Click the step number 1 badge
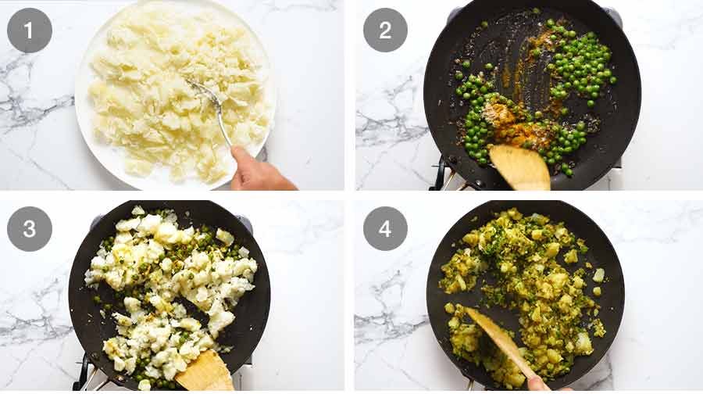coord(30,30)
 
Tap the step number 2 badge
coord(385,30)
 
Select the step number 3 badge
coord(30,229)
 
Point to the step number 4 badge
coord(385,228)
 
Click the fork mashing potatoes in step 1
coord(210,109)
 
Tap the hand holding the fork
coord(259,170)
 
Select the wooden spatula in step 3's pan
coord(205,371)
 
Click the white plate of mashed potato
coord(175,95)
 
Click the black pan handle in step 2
coord(441,173)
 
